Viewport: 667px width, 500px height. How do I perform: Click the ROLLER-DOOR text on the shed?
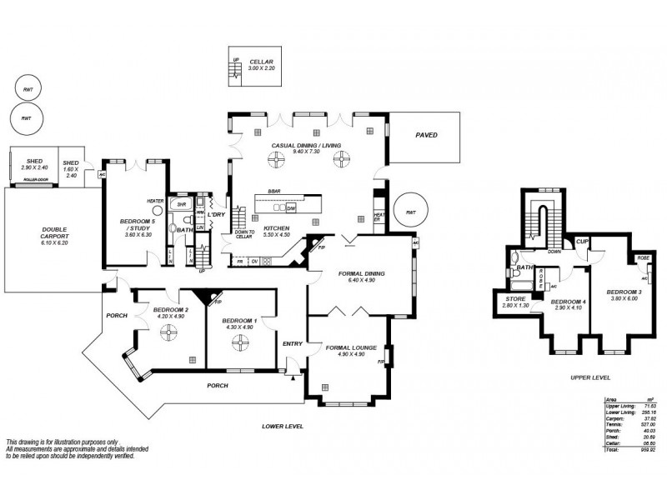pos(33,179)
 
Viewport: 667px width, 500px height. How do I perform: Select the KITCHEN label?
pos(276,227)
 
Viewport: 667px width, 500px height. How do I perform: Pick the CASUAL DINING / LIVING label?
pos(306,146)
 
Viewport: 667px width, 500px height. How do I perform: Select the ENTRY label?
pos(293,343)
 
